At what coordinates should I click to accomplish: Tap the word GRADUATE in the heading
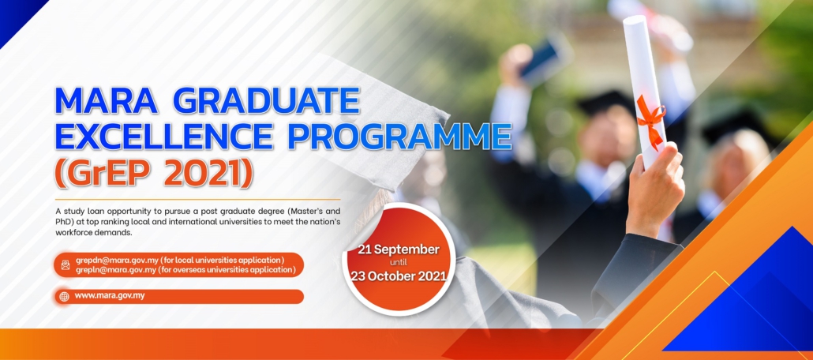[x=264, y=101]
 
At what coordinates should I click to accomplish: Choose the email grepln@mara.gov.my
[x=116, y=270]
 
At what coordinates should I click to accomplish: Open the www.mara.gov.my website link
[x=110, y=296]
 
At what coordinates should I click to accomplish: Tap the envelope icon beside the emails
[x=66, y=265]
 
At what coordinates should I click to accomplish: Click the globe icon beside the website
[x=64, y=297]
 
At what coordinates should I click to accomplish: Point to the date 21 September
[x=399, y=249]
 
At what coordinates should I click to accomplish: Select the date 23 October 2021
[x=399, y=276]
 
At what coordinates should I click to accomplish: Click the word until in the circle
[x=399, y=262]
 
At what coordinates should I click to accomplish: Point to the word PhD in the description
[x=63, y=222]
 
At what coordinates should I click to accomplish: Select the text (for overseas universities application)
[x=228, y=270]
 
